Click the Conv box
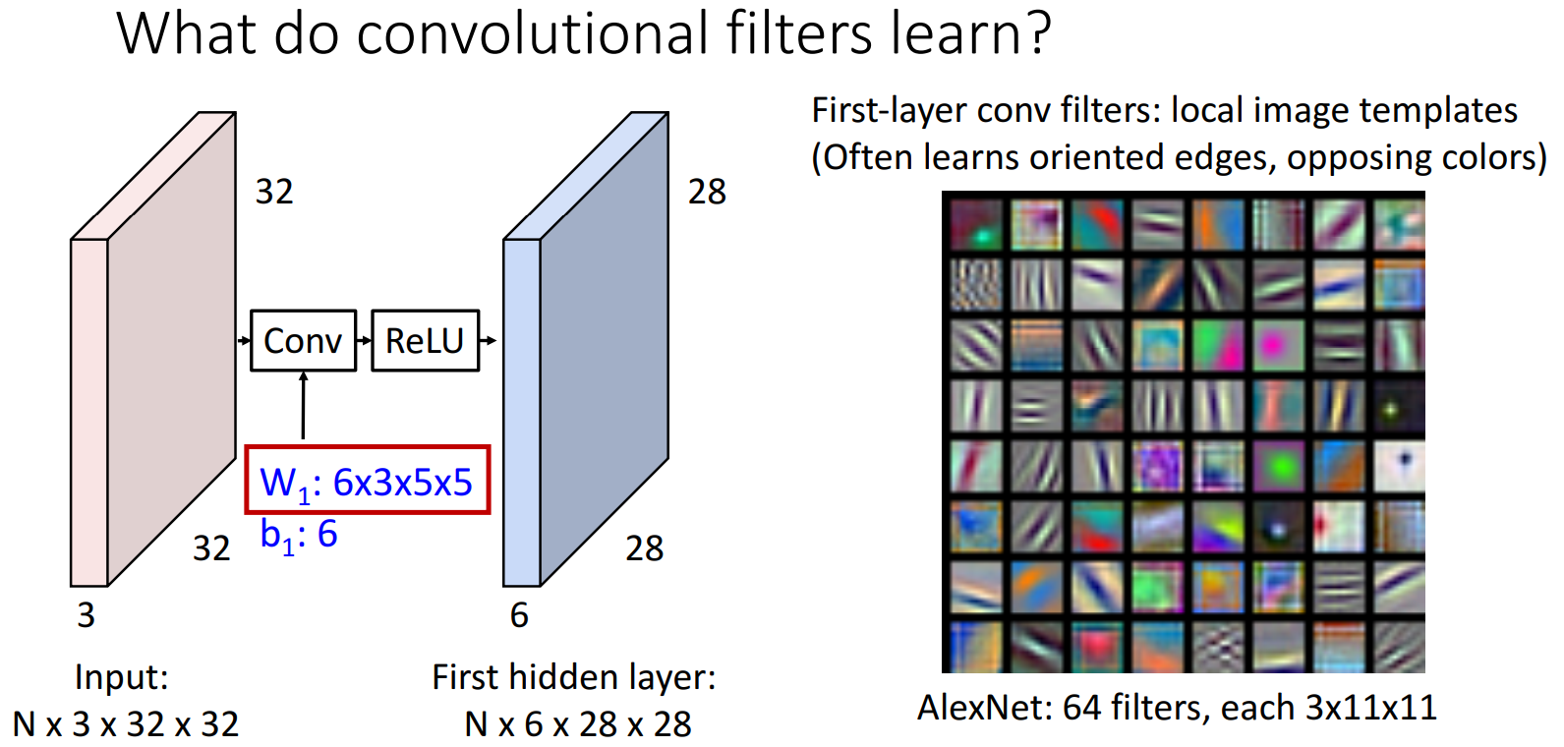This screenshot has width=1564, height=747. pos(303,341)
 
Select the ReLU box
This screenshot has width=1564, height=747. pos(426,341)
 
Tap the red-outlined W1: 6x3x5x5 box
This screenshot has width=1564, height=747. pos(368,481)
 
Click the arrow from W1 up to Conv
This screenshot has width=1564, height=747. pos(303,406)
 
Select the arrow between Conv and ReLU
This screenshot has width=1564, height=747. pos(364,341)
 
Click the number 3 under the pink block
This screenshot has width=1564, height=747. pos(86,615)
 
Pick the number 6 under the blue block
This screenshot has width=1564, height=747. pos(519,615)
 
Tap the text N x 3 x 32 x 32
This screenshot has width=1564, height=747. pos(126,724)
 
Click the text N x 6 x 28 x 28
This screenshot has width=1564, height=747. pos(578,724)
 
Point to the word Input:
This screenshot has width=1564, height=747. pos(122,677)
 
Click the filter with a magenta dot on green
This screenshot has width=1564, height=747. pos(1278,345)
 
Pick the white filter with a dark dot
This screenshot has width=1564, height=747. pos(1399,466)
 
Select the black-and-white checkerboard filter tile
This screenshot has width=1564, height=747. pos(975,285)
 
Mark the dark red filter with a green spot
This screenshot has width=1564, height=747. pos(975,225)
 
